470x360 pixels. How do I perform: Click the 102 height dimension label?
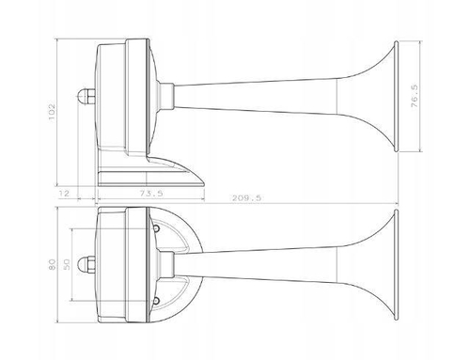pos(52,112)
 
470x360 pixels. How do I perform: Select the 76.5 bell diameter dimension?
pos(415,96)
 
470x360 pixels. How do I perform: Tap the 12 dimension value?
pos(64,193)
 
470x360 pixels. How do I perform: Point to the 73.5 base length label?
pos(151,194)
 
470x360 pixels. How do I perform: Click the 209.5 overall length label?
pos(246,198)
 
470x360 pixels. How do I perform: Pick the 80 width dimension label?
pos(52,264)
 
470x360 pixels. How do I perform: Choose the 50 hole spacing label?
pos(67,264)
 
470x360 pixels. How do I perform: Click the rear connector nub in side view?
pos(86,96)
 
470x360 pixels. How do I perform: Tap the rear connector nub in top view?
pos(86,264)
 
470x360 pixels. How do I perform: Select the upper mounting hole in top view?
pos(156,228)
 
